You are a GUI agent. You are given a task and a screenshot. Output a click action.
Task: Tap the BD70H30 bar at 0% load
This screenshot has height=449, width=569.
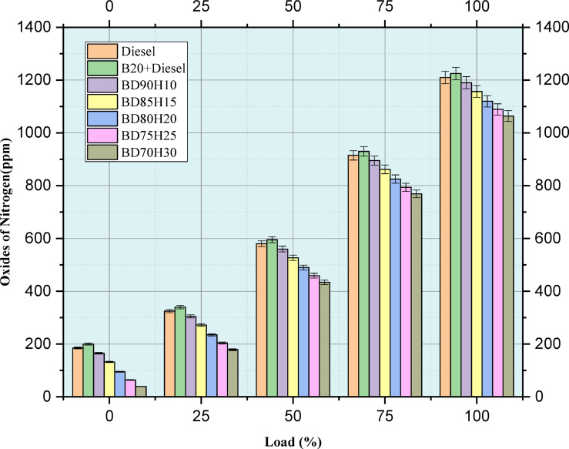141,391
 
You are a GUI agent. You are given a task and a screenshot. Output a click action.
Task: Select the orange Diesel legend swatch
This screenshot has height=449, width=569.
102,52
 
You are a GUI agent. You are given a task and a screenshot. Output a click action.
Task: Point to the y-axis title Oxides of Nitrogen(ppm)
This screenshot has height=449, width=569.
15,212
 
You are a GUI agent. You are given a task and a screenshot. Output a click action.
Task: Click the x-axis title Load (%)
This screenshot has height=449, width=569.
292,441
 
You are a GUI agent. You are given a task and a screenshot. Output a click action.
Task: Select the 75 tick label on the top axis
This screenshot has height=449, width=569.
384,9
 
